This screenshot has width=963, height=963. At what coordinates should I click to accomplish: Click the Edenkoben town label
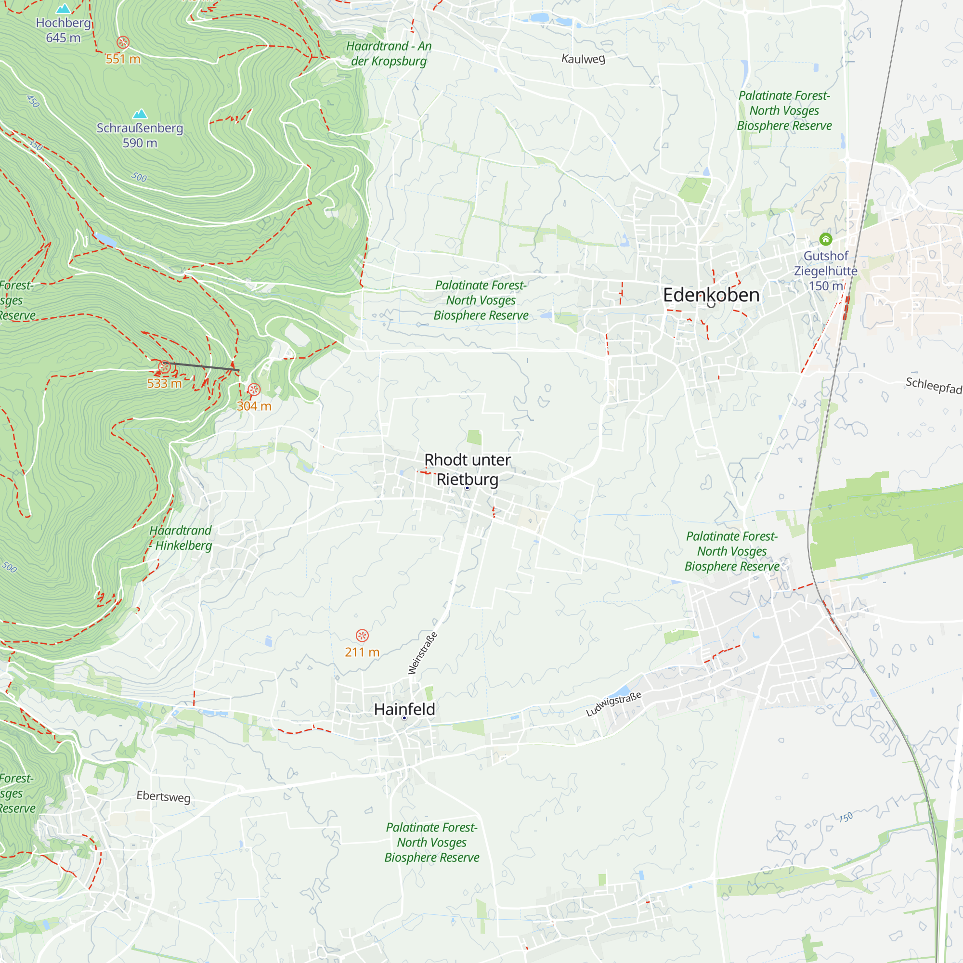[711, 295]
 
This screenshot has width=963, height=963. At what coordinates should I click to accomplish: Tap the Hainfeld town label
[404, 709]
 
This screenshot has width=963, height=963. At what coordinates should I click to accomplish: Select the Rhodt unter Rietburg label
[467, 469]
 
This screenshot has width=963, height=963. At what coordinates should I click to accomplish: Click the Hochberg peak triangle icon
[63, 9]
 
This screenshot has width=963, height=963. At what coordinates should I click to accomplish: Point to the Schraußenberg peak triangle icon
[140, 114]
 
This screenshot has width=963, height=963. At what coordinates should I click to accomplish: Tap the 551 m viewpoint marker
[123, 42]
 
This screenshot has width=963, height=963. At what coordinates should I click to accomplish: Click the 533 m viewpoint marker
[165, 367]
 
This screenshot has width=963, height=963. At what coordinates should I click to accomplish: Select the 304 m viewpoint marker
[254, 389]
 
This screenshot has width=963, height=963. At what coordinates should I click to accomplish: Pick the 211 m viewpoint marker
[362, 636]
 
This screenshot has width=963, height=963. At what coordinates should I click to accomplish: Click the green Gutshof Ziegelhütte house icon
[825, 240]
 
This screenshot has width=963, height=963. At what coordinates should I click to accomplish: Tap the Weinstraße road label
[423, 653]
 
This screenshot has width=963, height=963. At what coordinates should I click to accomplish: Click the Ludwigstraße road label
[613, 704]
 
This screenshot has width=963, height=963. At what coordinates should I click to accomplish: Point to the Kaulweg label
[583, 59]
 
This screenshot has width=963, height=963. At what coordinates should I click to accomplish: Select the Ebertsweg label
[164, 796]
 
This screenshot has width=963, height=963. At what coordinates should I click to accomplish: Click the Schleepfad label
[933, 385]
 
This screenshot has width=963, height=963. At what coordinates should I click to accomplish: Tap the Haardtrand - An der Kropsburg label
[389, 54]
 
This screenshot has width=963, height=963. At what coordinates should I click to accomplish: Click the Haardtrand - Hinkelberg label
[182, 538]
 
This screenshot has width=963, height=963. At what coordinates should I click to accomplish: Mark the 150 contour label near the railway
[846, 818]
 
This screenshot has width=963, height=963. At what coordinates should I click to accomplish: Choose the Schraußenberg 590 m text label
[140, 136]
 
